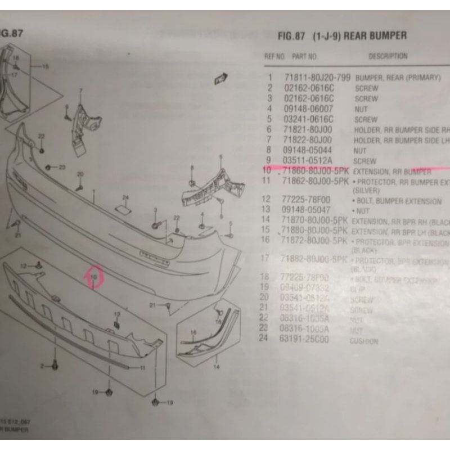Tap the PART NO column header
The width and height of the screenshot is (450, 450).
[304, 57]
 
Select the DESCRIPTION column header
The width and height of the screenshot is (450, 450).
[388, 56]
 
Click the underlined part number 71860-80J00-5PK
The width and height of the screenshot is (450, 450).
[318, 170]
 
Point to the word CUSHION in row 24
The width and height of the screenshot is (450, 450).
[364, 341]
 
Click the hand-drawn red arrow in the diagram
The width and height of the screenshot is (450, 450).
[90, 276]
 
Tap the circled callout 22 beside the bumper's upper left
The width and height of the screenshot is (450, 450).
[41, 136]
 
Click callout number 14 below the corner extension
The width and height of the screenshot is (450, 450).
[216, 366]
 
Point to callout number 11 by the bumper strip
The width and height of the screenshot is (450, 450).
[142, 368]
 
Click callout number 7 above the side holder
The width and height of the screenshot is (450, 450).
[80, 90]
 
